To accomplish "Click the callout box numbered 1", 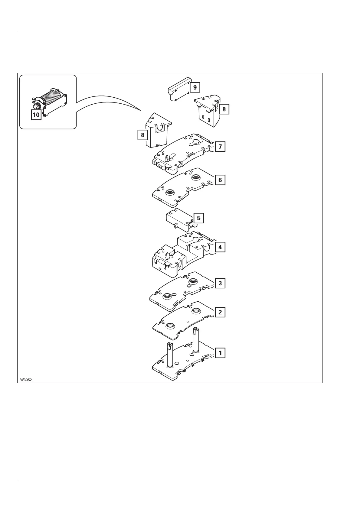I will [x=220, y=353].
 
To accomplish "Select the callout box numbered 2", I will [x=220, y=312].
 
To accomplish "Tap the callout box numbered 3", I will [x=220, y=283].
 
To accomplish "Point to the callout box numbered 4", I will [x=220, y=247].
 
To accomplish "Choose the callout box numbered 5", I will [x=199, y=218].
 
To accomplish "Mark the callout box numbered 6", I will [x=220, y=180].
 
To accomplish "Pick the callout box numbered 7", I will [x=220, y=147].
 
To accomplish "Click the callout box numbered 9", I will [x=195, y=88].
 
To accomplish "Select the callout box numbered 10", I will [x=36, y=115].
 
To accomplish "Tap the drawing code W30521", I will [x=27, y=379].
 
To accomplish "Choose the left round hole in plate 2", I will [x=170, y=326].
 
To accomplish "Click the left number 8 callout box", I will [x=143, y=135].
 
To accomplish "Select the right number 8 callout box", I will [x=224, y=109].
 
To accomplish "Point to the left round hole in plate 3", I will [x=167, y=296].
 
